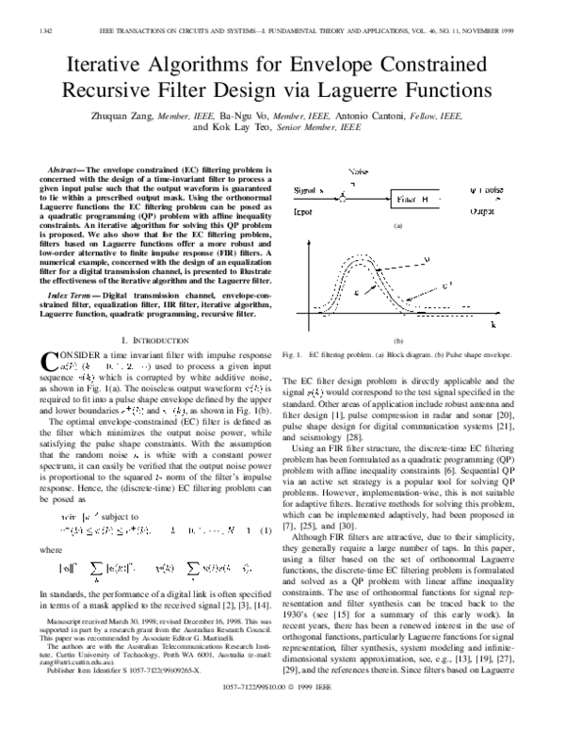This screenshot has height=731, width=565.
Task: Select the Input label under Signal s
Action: pyautogui.click(x=308, y=214)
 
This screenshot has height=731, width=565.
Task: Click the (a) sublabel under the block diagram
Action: pyautogui.click(x=398, y=226)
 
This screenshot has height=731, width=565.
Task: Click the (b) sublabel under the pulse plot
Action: pyautogui.click(x=398, y=341)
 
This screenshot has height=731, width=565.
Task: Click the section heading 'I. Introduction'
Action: pyautogui.click(x=151, y=336)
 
